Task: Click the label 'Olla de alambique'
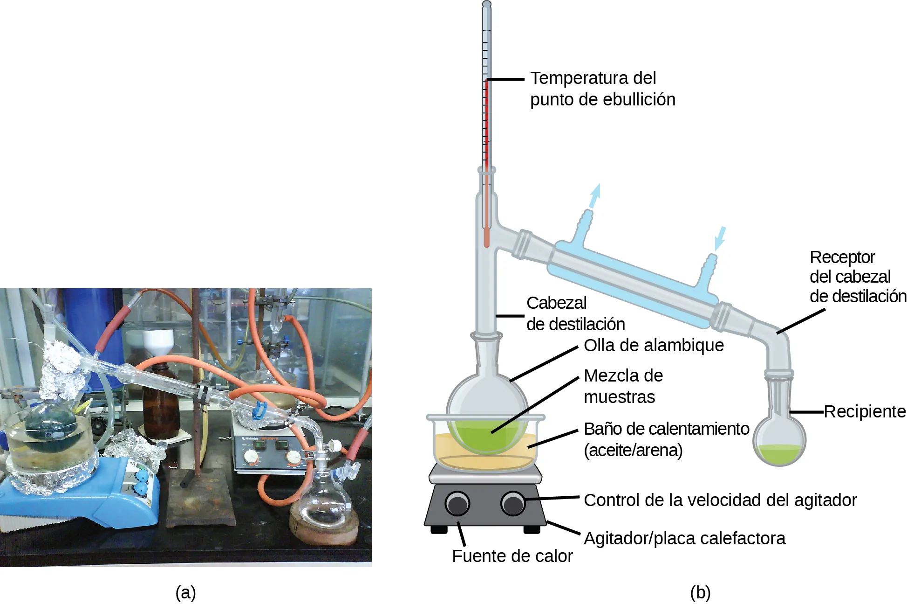coord(654,346)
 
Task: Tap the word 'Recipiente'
coord(865,412)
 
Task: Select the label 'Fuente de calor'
coord(512,556)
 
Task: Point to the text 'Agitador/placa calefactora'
coord(684,538)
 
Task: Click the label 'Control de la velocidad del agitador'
coord(720,500)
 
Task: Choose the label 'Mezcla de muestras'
coord(623,386)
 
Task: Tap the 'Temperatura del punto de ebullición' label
coord(602,89)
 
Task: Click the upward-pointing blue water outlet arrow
coord(595,195)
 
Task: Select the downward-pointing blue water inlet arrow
coord(720,238)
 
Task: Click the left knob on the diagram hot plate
coord(457,504)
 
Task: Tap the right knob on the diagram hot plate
coord(512,504)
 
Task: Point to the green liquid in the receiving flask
coord(779,454)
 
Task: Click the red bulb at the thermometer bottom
coord(487,238)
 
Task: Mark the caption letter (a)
coord(185,592)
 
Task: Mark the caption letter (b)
coord(700,592)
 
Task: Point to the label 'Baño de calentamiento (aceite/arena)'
coord(666,439)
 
